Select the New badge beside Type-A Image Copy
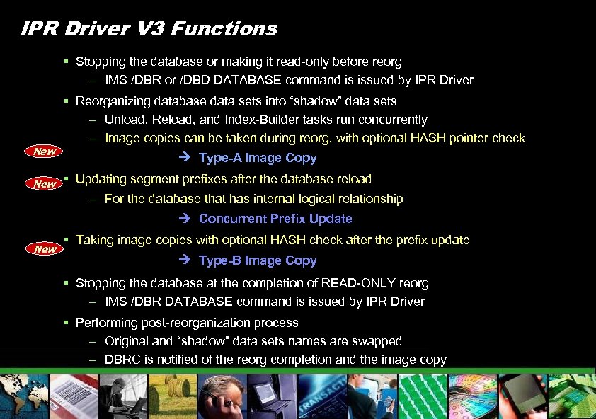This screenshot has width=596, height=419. click(45, 151)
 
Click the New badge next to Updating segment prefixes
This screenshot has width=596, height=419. click(45, 184)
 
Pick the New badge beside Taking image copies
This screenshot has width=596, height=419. click(45, 248)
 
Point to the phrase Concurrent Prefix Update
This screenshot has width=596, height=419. click(275, 219)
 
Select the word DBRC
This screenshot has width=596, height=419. click(122, 360)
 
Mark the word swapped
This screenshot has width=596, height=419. click(378, 341)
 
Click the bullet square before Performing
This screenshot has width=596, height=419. click(65, 323)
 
